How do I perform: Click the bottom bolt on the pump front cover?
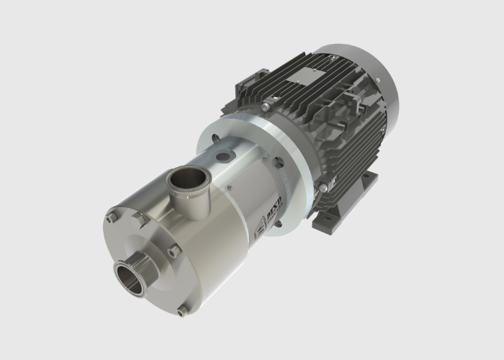tap(182, 310)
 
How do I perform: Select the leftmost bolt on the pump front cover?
tap(110, 217)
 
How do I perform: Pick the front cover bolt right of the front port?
tap(174, 250)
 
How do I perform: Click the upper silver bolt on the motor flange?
tap(266, 107)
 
